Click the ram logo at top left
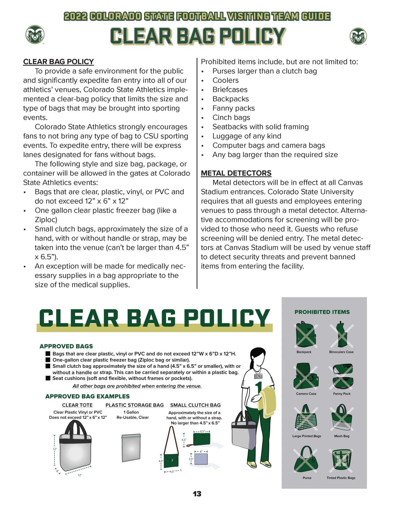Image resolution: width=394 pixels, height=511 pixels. coord(35,34)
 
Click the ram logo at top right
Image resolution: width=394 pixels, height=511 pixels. coord(358,36)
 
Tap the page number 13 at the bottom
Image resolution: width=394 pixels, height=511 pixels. coord(197,494)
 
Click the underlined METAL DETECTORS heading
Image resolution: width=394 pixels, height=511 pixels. coord(236,173)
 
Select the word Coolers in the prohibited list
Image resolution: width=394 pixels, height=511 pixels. coord(225,80)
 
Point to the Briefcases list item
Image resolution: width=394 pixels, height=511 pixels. coord(230,89)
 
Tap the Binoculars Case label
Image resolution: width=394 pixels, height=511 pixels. coord(341,352)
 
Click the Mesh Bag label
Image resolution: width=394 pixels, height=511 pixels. coord(341,436)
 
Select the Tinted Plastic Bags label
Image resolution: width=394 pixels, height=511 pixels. coord(341,478)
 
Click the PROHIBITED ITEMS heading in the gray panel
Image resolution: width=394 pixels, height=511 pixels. coord(322,312)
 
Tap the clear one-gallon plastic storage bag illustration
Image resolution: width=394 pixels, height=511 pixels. coord(131,448)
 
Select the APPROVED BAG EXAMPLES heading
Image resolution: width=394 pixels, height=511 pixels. coord(87,396)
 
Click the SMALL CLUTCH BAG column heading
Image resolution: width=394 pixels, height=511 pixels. coord(195,405)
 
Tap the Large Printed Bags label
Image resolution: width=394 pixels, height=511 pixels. coord(307,436)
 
